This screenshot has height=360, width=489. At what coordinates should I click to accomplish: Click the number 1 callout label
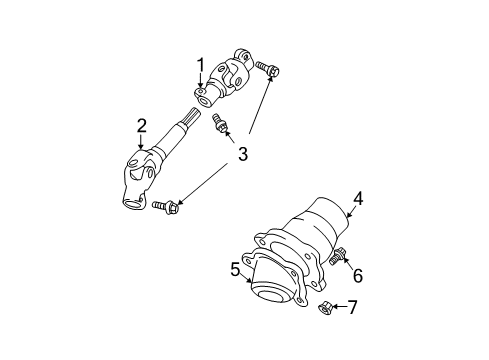point(201,65)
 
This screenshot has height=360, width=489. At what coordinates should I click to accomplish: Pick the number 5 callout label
point(236,269)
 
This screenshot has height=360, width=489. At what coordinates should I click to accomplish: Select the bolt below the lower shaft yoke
point(165,206)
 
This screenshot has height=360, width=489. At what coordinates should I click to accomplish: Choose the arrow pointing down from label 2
point(142,143)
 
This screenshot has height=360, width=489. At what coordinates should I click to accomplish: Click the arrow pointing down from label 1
point(201,81)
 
